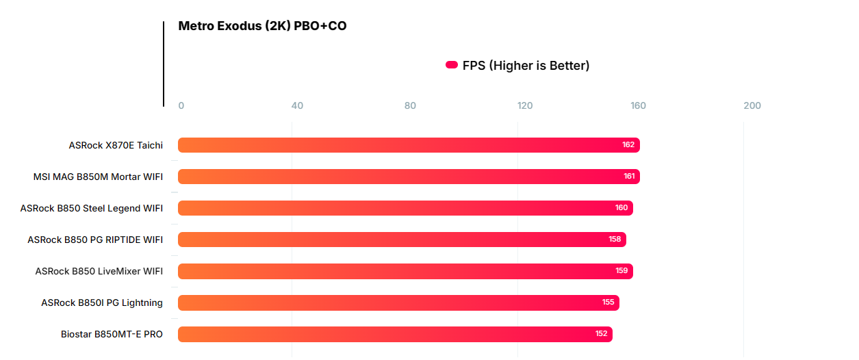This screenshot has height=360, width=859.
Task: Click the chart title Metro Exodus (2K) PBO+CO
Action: point(262,26)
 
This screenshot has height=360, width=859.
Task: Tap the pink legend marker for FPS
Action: point(452,65)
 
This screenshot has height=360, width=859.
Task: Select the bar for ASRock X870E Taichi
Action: point(409,145)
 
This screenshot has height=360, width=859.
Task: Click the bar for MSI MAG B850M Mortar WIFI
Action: point(409,177)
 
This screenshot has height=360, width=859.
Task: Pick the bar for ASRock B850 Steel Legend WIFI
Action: point(405,208)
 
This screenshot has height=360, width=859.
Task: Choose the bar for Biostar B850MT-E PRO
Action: point(395,334)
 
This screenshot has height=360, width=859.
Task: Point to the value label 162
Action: point(628,145)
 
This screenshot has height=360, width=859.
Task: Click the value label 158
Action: point(615,240)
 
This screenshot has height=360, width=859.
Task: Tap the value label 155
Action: point(608,303)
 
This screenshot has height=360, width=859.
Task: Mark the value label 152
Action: point(601,334)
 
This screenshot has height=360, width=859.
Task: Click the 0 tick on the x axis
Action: point(181,106)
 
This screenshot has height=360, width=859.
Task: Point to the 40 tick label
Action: point(297,106)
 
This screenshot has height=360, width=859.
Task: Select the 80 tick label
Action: point(410,106)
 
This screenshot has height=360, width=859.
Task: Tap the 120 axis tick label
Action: point(525,106)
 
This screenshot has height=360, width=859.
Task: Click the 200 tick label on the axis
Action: point(752,106)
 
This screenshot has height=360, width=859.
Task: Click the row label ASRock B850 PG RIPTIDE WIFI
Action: point(95,240)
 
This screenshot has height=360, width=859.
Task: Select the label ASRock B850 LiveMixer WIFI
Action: point(99,271)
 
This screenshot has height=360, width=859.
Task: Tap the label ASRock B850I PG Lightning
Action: point(102,303)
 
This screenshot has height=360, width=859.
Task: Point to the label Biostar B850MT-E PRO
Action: point(112,334)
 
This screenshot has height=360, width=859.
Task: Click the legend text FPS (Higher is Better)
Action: point(526,66)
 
